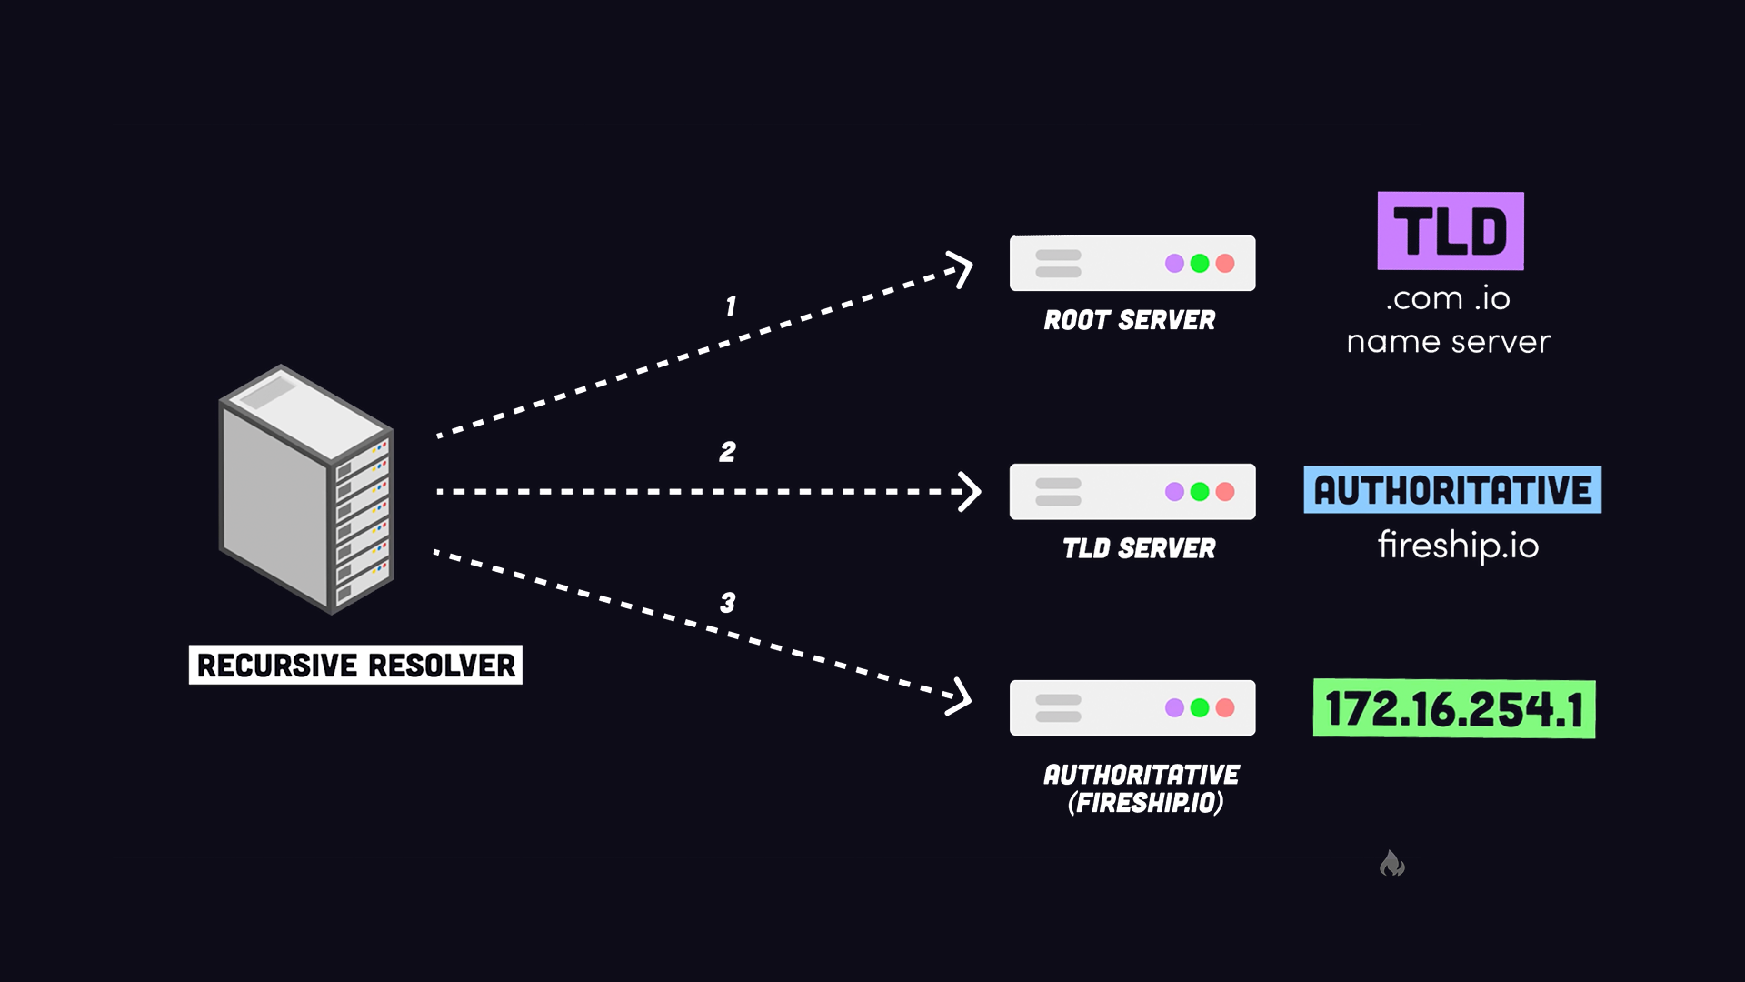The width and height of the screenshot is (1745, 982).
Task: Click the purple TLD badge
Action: [1451, 231]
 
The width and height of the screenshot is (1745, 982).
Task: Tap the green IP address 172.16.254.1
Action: [1454, 709]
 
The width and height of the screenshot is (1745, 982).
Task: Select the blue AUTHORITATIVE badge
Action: [1452, 490]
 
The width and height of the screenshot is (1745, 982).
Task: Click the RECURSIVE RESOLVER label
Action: [355, 665]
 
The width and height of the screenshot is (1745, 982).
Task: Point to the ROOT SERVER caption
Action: [1129, 320]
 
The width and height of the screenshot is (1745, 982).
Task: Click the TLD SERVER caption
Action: [1139, 548]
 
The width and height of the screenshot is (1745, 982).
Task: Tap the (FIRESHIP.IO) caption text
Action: [1145, 803]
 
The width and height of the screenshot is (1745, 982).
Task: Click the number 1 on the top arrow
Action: [730, 306]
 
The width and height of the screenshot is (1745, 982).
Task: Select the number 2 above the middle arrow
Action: [727, 452]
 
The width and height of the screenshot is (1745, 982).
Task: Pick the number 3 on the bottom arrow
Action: [727, 603]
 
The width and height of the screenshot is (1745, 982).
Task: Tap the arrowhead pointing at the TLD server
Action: [971, 492]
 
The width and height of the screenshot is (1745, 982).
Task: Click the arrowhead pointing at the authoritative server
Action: [962, 697]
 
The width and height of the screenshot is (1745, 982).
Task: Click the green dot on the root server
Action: [1200, 264]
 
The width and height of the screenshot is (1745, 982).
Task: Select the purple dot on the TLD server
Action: [1174, 492]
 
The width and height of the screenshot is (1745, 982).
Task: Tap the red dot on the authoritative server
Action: [1225, 708]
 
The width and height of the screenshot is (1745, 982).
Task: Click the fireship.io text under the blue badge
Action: [1458, 546]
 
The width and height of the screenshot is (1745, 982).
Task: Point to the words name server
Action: [1449, 342]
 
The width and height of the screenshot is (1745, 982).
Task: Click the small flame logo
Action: [1391, 863]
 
